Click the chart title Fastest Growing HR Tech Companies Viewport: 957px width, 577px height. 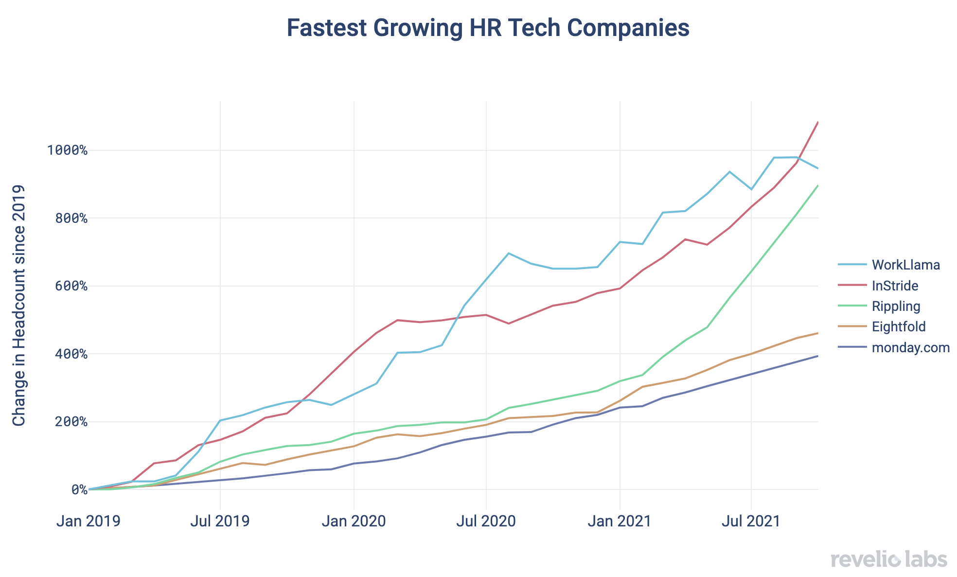(488, 28)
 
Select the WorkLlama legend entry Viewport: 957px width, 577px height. (905, 265)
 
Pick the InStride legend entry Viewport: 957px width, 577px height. (895, 286)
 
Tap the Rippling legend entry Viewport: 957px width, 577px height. (896, 307)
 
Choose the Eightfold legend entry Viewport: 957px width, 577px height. (899, 327)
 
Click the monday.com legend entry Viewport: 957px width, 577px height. (910, 348)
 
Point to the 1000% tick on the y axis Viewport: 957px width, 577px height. (67, 150)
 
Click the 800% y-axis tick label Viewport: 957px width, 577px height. (70, 218)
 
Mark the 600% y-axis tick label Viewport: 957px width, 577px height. (70, 286)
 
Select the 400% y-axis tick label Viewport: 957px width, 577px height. (70, 354)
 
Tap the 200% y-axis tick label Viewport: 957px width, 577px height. (70, 422)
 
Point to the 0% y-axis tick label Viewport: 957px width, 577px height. (79, 490)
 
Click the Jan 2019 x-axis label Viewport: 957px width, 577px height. (88, 521)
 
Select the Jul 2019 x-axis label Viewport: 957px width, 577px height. (220, 521)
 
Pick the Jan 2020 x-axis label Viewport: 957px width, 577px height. (354, 521)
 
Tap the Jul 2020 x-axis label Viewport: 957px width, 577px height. (486, 521)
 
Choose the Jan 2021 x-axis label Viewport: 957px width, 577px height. (620, 521)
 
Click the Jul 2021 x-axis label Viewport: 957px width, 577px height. (752, 521)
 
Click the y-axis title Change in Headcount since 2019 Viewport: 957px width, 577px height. (19, 306)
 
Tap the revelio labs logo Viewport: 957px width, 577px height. (889, 559)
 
